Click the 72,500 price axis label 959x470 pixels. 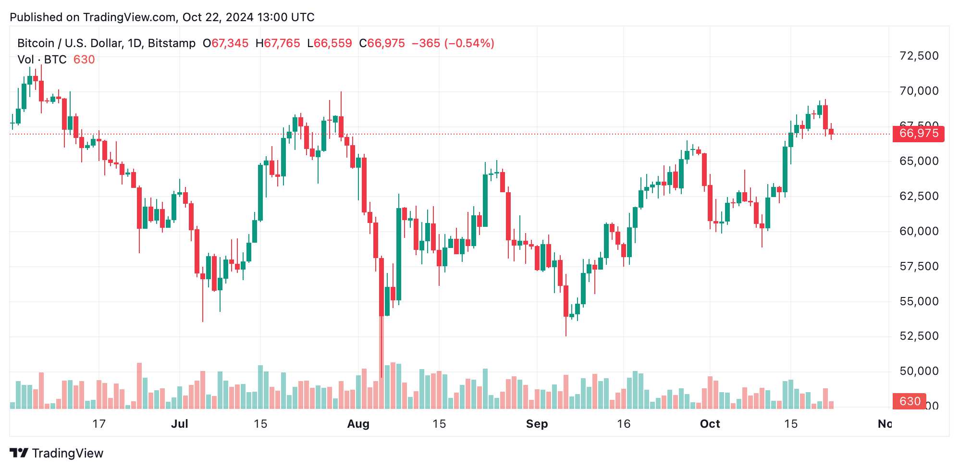(919, 56)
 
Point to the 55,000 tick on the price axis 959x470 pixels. (919, 301)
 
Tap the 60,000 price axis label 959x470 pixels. (919, 231)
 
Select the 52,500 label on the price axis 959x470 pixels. (919, 336)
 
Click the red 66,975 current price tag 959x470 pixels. (918, 134)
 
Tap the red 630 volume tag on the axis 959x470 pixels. (910, 401)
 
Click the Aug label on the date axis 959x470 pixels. (358, 424)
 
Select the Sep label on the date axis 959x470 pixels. (537, 424)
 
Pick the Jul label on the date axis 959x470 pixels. (179, 424)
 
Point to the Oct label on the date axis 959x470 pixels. (710, 424)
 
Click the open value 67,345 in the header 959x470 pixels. (230, 43)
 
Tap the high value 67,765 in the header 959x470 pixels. (282, 43)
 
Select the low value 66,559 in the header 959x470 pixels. (332, 43)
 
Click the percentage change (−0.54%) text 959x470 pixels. (469, 43)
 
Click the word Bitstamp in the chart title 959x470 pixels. (172, 43)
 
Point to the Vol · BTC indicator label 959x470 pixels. (42, 60)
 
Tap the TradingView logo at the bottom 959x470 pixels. (57, 453)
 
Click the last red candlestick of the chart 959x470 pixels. (831, 132)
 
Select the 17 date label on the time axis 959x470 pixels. (98, 424)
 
